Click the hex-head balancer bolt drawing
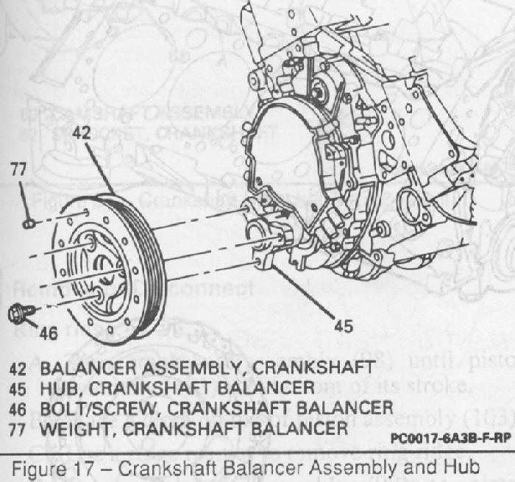(17, 314)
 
